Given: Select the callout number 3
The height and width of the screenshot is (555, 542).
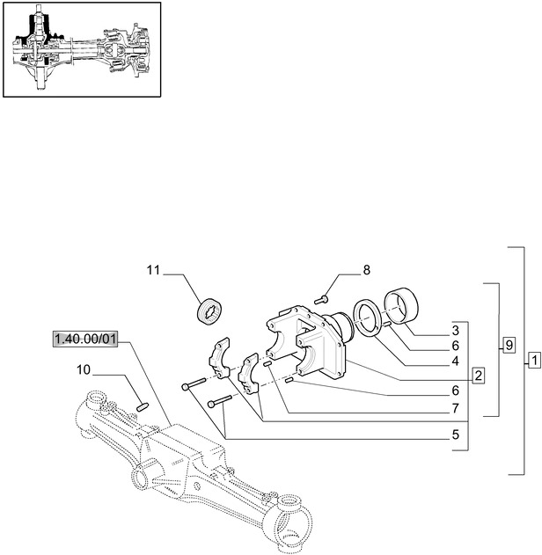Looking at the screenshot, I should (x=455, y=331).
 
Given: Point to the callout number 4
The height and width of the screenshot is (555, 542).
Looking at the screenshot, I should (x=455, y=361).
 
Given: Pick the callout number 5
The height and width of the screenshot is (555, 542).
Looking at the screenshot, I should (x=455, y=435).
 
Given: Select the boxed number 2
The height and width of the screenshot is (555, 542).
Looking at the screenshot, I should (x=478, y=376).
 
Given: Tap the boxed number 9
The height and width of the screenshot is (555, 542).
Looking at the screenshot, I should (x=509, y=345).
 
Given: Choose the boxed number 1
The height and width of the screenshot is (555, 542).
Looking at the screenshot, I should (x=533, y=360).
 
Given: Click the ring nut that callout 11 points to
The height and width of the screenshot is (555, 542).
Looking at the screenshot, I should (x=210, y=310).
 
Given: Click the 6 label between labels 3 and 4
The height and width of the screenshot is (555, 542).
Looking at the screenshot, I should (x=455, y=346).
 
